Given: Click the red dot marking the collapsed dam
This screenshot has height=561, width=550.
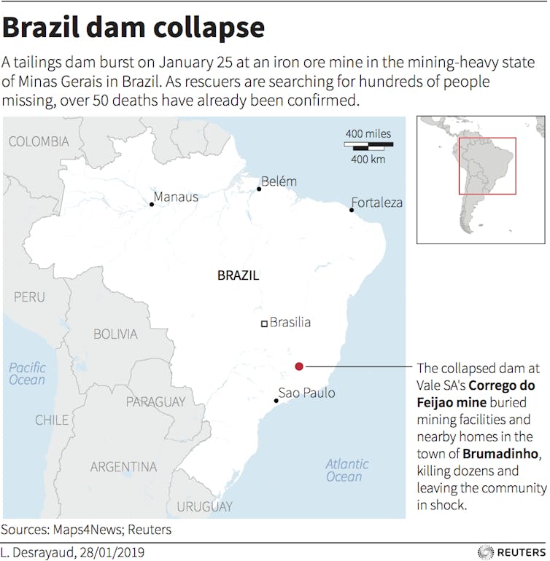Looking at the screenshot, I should coord(299,366).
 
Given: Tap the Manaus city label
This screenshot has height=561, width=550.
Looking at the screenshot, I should coord(176,197).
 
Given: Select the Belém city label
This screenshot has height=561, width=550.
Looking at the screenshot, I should coord(279,181).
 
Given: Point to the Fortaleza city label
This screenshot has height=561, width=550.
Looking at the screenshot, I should coord(376,203).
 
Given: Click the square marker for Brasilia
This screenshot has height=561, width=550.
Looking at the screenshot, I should coord(265,323).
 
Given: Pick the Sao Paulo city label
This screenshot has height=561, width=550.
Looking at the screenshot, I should coord(307,393).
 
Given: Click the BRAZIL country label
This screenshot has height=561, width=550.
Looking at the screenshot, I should coord(238,276).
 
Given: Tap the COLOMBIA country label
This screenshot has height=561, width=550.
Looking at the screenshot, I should coord(39,141).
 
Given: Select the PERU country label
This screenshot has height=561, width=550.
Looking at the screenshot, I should coord(29,297).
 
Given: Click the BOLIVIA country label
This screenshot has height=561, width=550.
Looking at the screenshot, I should coord(115,334).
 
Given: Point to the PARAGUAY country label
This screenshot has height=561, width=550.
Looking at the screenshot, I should coord(155,402).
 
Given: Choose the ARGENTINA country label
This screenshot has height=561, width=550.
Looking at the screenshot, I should coord(123,466).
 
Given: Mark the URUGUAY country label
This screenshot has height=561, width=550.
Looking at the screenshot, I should coord(205,506).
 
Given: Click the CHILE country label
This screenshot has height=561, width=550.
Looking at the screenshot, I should coord(53,420).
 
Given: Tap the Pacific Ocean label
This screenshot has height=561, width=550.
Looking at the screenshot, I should coord(27,374).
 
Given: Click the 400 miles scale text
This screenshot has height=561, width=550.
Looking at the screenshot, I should coord(368,133).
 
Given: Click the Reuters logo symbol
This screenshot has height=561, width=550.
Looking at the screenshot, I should coord(486,552).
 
